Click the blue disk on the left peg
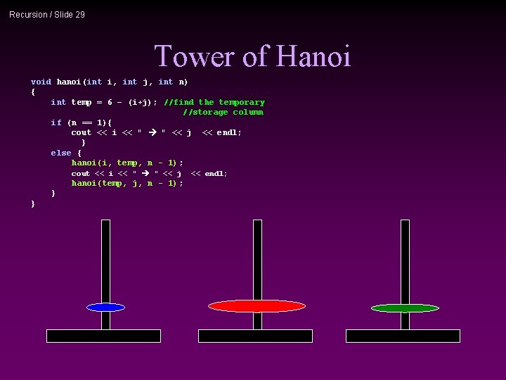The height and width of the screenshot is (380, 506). click(x=105, y=308)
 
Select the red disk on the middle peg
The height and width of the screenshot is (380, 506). click(x=257, y=306)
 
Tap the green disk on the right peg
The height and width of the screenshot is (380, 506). click(x=405, y=308)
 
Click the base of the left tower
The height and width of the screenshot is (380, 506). click(x=103, y=336)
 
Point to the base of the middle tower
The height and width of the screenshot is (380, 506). click(x=255, y=336)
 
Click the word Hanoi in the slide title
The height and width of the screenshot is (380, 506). click(x=313, y=56)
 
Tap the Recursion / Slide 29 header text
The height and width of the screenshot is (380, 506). click(x=47, y=14)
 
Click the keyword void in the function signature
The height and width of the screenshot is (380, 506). click(x=41, y=82)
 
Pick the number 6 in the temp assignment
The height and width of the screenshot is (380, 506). click(x=110, y=102)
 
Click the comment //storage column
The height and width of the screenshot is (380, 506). click(x=223, y=113)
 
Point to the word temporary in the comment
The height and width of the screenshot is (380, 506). click(x=242, y=102)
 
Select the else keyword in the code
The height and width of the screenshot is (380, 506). click(x=60, y=153)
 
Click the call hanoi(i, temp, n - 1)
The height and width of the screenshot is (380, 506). click(x=126, y=163)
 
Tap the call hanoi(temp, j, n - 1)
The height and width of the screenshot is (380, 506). click(x=126, y=183)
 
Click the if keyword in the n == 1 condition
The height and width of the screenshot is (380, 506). click(x=56, y=122)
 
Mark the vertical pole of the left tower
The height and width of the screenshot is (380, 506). click(x=105, y=260)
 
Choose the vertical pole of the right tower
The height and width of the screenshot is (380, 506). click(x=405, y=260)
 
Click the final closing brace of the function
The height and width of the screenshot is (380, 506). click(x=33, y=204)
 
